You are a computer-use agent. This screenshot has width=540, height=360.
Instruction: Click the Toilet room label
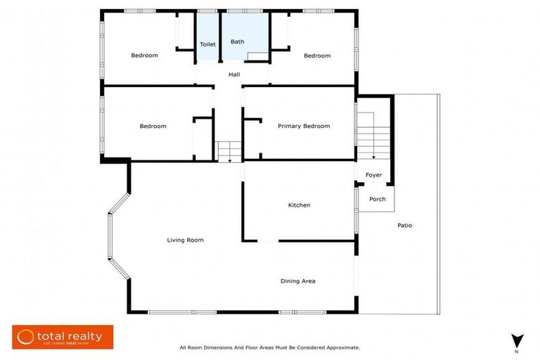tap(207, 44)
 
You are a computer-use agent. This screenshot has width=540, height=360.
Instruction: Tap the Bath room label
tap(238, 42)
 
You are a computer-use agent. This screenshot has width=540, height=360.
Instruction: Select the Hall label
tap(234, 75)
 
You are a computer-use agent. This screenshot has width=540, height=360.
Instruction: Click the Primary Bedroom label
tap(303, 127)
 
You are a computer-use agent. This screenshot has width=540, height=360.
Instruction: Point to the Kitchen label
tap(299, 205)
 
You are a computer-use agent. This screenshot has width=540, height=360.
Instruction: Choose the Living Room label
tap(185, 240)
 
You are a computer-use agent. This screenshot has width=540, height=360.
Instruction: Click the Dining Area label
tap(297, 281)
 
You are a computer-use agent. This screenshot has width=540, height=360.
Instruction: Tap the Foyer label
tap(373, 175)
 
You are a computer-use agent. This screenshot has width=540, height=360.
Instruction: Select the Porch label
tap(377, 199)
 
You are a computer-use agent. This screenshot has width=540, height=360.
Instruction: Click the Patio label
tap(404, 226)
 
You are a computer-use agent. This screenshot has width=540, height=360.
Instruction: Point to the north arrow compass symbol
tap(516, 340)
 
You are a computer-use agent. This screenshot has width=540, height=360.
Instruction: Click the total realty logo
tap(63, 337)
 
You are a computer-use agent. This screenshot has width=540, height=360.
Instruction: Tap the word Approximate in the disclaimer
tap(340, 347)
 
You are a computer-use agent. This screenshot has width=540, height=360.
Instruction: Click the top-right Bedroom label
tap(316, 56)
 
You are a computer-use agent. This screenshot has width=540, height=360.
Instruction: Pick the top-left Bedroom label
tap(144, 56)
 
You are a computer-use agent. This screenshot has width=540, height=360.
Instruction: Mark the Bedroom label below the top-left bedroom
tap(153, 127)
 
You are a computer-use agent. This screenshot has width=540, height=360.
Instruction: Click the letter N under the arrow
tap(516, 352)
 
